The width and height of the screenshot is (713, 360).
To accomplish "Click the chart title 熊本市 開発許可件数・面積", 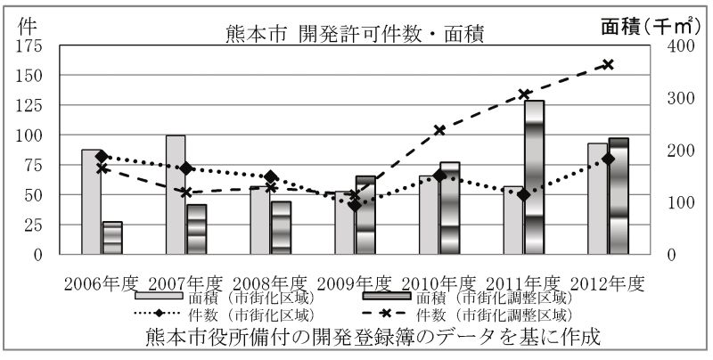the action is click(x=355, y=35).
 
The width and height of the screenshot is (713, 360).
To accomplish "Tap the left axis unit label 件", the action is click(x=27, y=27).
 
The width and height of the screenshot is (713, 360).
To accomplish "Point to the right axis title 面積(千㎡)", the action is click(x=650, y=27).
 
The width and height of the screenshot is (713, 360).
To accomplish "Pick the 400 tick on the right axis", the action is click(x=681, y=46).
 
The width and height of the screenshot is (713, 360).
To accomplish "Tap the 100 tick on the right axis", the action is click(x=681, y=203).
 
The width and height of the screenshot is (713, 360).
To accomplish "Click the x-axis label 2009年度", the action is click(x=355, y=284).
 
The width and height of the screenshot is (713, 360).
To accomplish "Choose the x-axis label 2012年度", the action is click(x=608, y=284).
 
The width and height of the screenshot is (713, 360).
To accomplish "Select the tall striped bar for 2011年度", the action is click(x=534, y=177).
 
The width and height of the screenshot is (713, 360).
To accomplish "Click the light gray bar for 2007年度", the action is click(x=176, y=195).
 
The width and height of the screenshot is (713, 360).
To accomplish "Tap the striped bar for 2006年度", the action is click(x=112, y=238).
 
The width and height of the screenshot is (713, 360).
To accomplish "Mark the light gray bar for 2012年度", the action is click(x=597, y=199).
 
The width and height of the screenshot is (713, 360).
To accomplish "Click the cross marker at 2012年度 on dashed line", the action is click(x=608, y=64).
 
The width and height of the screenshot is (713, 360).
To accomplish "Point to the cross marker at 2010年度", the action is click(x=439, y=130).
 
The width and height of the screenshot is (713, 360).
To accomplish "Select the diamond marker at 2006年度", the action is click(x=102, y=156).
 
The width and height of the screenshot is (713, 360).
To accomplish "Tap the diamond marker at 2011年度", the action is click(x=524, y=195).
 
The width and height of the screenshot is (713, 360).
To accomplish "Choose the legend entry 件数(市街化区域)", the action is click(x=225, y=314).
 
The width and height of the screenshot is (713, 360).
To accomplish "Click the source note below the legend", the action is click(x=373, y=337).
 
